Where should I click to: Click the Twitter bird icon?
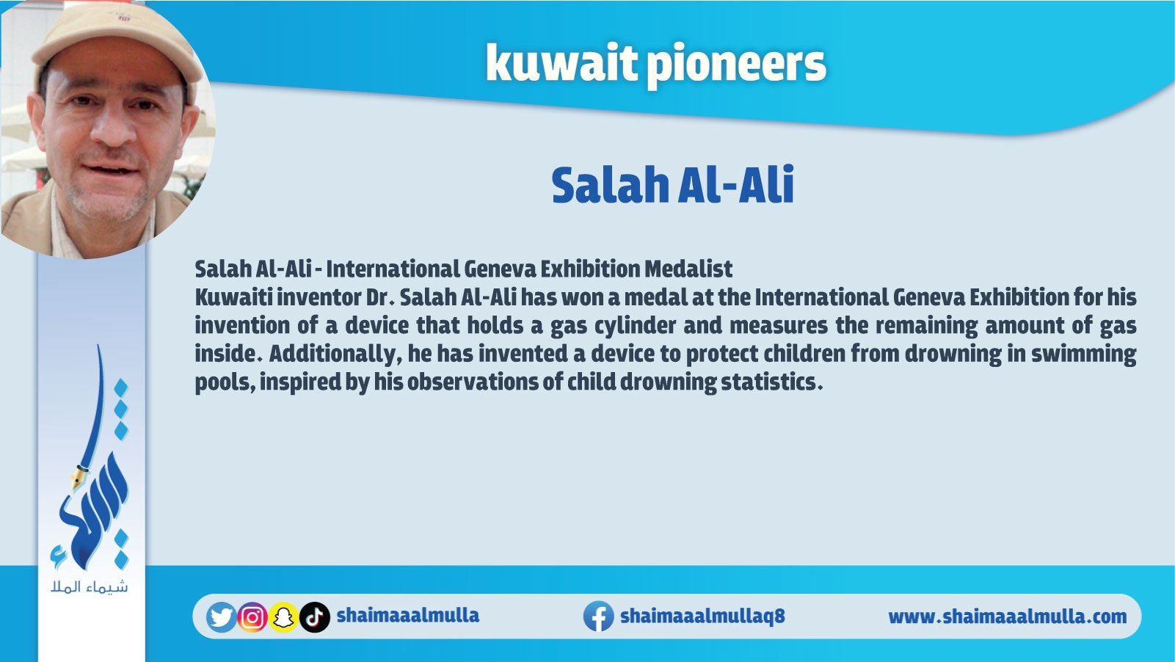click(221, 617)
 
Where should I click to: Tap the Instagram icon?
click(252, 617)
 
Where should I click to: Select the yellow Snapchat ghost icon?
click(283, 617)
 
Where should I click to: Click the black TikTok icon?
click(315, 617)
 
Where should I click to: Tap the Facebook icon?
click(599, 616)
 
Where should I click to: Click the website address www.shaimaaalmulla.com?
click(1008, 616)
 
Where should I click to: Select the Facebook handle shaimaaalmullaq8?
click(702, 616)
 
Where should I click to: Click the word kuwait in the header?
click(560, 63)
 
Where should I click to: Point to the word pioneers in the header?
click(736, 65)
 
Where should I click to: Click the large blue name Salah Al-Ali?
click(673, 185)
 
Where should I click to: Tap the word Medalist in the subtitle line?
click(688, 269)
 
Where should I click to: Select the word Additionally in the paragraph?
click(332, 354)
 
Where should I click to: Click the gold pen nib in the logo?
click(79, 477)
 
